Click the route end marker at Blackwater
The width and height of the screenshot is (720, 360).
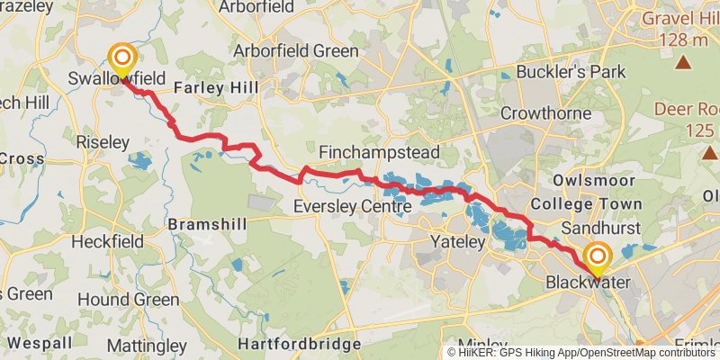pyautogui.click(x=596, y=258)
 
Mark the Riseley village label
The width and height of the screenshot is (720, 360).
pyautogui.click(x=103, y=142)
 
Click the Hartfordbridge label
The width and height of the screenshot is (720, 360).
pyautogui.click(x=299, y=345)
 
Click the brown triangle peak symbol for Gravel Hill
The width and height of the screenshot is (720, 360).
pyautogui.click(x=684, y=62)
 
